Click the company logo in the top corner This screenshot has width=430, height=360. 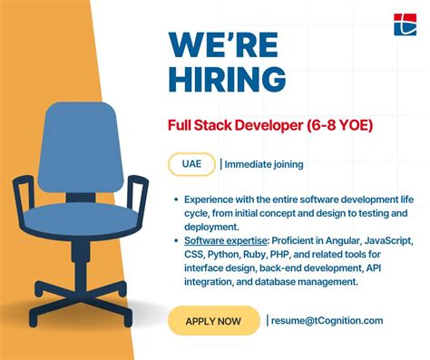404,24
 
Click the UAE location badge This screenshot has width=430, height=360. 191,164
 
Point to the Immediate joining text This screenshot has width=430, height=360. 264,164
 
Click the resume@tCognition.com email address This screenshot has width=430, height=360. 327,320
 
